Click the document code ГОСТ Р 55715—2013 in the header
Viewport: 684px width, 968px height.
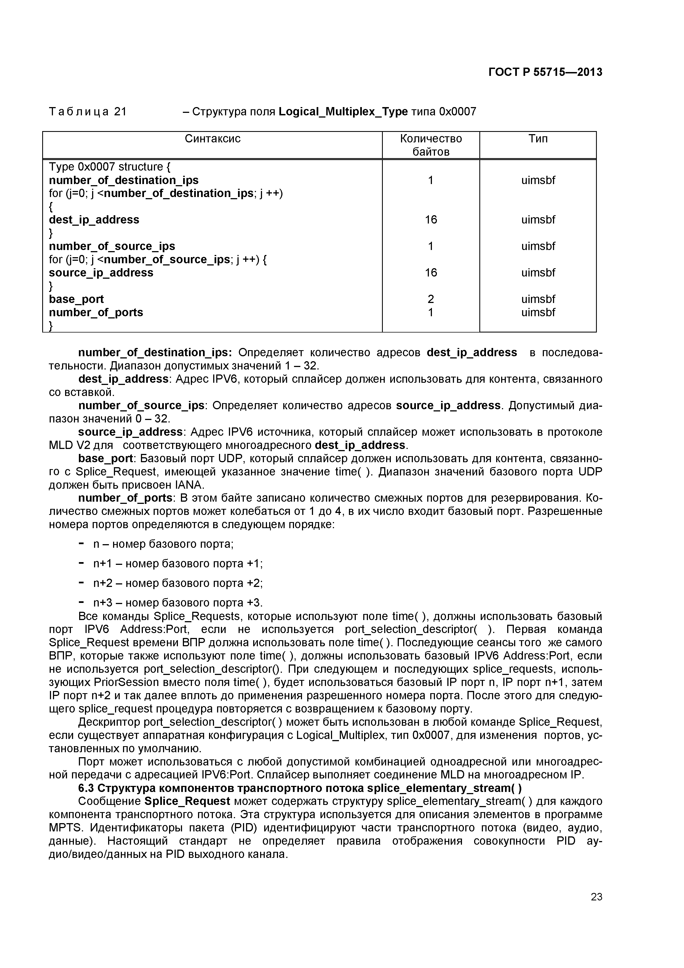pyautogui.click(x=545, y=73)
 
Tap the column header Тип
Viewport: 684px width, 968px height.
pyautogui.click(x=538, y=139)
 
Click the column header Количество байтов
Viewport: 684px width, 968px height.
pyautogui.click(x=431, y=145)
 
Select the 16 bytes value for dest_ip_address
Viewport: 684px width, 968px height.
pyautogui.click(x=431, y=220)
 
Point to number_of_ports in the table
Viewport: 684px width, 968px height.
pyautogui.click(x=96, y=312)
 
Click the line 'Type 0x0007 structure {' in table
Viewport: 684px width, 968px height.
pyautogui.click(x=109, y=167)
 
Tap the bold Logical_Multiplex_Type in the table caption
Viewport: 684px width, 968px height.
pyautogui.click(x=343, y=112)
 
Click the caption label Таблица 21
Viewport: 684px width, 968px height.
pyautogui.click(x=88, y=112)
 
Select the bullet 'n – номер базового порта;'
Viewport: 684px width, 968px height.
pyautogui.click(x=163, y=544)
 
